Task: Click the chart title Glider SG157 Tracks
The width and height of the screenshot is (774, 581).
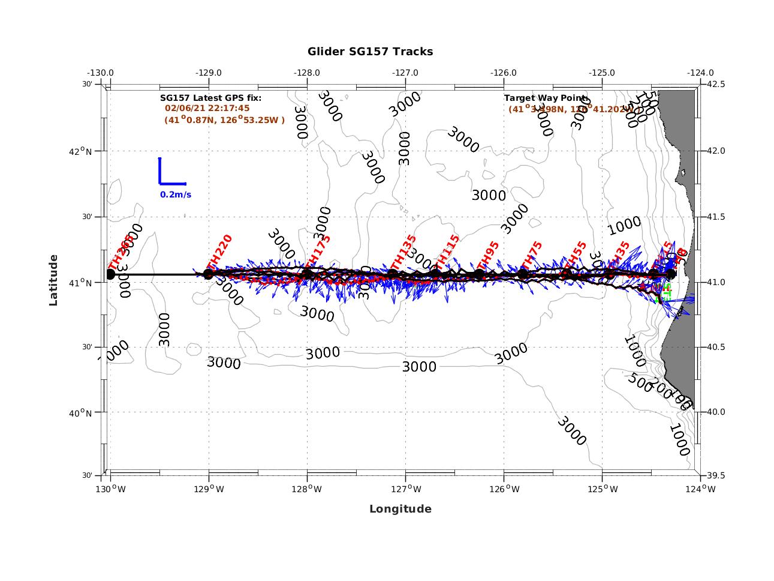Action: [x=370, y=52]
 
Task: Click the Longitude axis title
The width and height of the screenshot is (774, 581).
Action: [x=400, y=509]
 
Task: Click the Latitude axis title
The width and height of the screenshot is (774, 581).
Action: [x=53, y=280]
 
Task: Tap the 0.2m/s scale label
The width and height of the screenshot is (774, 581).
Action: [x=176, y=194]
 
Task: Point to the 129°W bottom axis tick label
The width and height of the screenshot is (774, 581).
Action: [x=209, y=489]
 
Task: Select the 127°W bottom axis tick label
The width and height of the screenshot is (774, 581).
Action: [x=405, y=489]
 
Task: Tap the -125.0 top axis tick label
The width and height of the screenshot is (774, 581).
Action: [x=601, y=73]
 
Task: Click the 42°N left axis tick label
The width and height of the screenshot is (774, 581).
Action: [x=80, y=151]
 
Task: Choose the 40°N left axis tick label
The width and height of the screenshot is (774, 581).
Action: [x=80, y=413]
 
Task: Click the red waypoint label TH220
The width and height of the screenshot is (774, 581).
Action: [x=219, y=252]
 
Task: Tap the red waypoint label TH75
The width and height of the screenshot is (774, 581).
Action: [x=531, y=256]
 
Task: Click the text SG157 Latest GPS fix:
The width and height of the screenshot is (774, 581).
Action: [x=210, y=98]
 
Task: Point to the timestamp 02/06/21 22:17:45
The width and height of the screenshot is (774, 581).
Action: [x=207, y=109]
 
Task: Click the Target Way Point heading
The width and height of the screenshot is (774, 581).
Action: [x=546, y=98]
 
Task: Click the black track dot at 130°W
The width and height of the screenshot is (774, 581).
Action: [x=110, y=274]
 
